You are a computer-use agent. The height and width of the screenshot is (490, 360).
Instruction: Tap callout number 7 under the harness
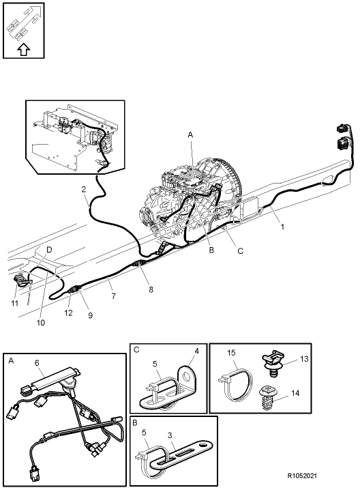coord(112,297)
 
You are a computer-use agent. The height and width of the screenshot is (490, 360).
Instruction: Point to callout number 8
coord(151,289)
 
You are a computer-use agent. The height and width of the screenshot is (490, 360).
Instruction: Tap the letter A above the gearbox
coord(191,135)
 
